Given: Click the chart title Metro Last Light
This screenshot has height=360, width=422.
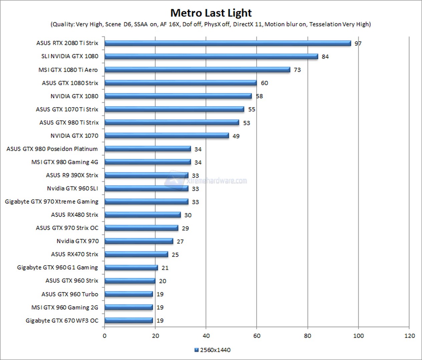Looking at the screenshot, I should click(211, 13).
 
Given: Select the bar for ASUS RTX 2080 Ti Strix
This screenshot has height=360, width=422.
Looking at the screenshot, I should click(228, 43).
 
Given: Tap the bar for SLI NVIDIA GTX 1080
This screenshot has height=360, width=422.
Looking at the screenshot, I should click(211, 56).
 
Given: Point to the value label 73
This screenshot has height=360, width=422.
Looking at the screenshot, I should click(297, 70).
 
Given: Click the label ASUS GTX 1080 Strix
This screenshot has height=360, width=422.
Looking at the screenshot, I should click(70, 83).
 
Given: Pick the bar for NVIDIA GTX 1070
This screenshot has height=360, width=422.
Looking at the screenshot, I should click(166, 136).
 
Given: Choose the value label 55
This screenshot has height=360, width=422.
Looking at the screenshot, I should click(252, 109).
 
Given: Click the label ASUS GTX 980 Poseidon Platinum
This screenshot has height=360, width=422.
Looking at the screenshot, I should click(52, 149).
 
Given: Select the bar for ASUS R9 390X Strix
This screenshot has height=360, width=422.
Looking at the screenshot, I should click(146, 175).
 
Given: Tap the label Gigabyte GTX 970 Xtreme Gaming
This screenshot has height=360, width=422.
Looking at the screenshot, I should click(52, 202).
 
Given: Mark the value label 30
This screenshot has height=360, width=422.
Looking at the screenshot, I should click(188, 215).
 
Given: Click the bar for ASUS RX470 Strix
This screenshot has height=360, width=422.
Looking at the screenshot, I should click(136, 254).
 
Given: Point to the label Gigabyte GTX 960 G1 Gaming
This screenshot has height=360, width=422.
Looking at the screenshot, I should click(58, 268).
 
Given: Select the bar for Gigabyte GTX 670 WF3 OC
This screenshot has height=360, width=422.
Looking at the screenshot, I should click(128, 321).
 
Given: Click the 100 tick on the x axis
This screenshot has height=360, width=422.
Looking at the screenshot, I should click(359, 336).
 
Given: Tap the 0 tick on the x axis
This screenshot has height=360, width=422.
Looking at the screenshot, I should click(104, 336).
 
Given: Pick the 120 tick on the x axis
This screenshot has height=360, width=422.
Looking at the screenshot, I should click(409, 336).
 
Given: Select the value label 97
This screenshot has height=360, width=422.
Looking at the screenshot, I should click(358, 44).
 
